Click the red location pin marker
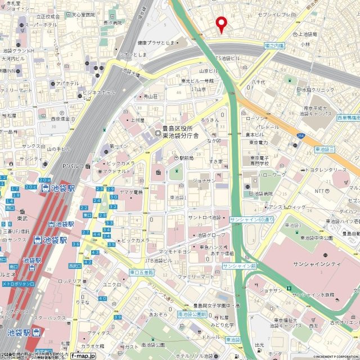click(x=222, y=24)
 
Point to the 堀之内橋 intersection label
click(x=274, y=44)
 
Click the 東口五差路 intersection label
click(x=141, y=272)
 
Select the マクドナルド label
click(x=118, y=171)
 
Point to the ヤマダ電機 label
click(x=131, y=192)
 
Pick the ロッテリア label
click(x=71, y=281)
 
